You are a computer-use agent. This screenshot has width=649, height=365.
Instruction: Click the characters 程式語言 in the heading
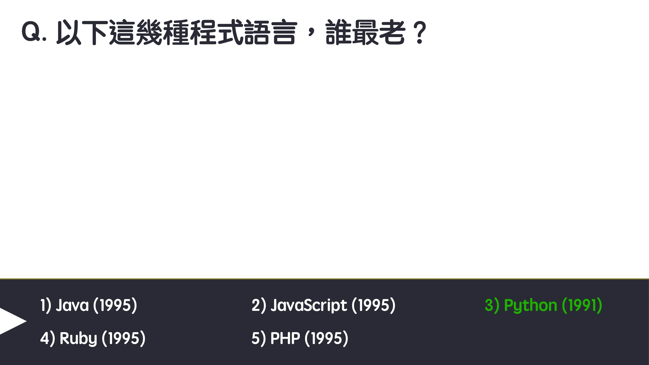(243, 32)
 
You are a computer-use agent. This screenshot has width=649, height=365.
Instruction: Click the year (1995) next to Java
(115, 305)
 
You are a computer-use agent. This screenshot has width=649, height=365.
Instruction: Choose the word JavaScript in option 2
(309, 305)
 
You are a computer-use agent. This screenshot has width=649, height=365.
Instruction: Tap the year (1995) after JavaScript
(373, 305)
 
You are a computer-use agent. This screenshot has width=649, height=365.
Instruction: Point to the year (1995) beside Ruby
(123, 338)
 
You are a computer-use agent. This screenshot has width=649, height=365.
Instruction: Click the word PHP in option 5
(285, 338)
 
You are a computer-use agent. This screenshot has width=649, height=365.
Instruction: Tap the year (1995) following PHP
(326, 338)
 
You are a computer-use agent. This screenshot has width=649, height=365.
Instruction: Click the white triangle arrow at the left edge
(11, 321)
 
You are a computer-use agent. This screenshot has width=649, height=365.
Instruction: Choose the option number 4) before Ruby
(47, 338)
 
